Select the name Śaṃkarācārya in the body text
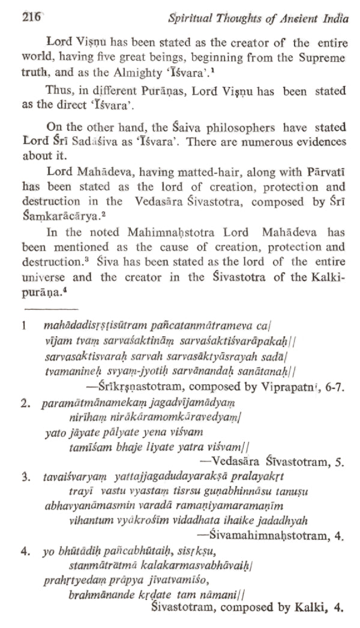click(x=58, y=217)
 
